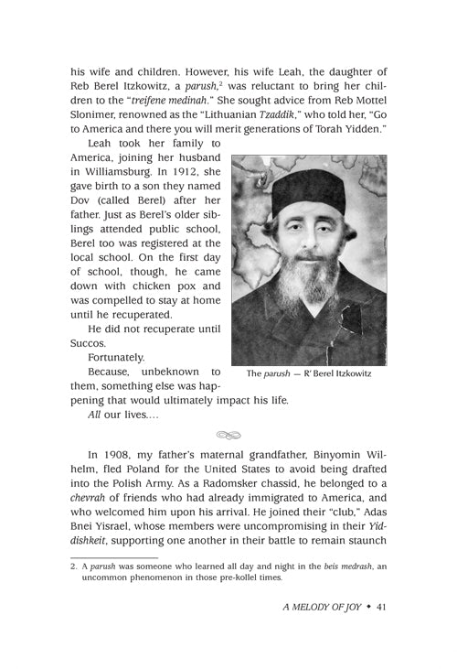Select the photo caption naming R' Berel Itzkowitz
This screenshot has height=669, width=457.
(x=309, y=372)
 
